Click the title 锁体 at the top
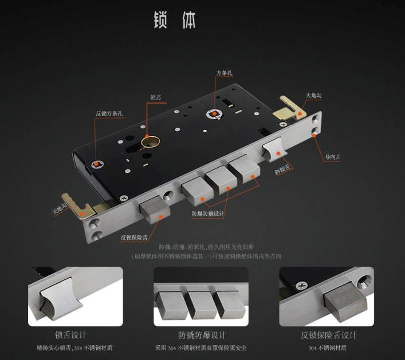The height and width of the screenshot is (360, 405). tap(174, 19)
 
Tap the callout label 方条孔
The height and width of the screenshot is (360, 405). tap(224, 73)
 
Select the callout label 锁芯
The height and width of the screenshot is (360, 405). tap(156, 97)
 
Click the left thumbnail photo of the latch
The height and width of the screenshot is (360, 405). tap(76, 296)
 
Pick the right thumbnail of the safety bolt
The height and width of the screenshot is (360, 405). tap(327, 296)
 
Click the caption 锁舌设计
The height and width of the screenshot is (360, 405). tap(71, 335)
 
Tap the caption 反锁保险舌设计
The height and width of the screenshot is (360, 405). tap(329, 335)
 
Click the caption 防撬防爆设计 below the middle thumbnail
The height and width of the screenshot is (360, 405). tap(202, 335)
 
